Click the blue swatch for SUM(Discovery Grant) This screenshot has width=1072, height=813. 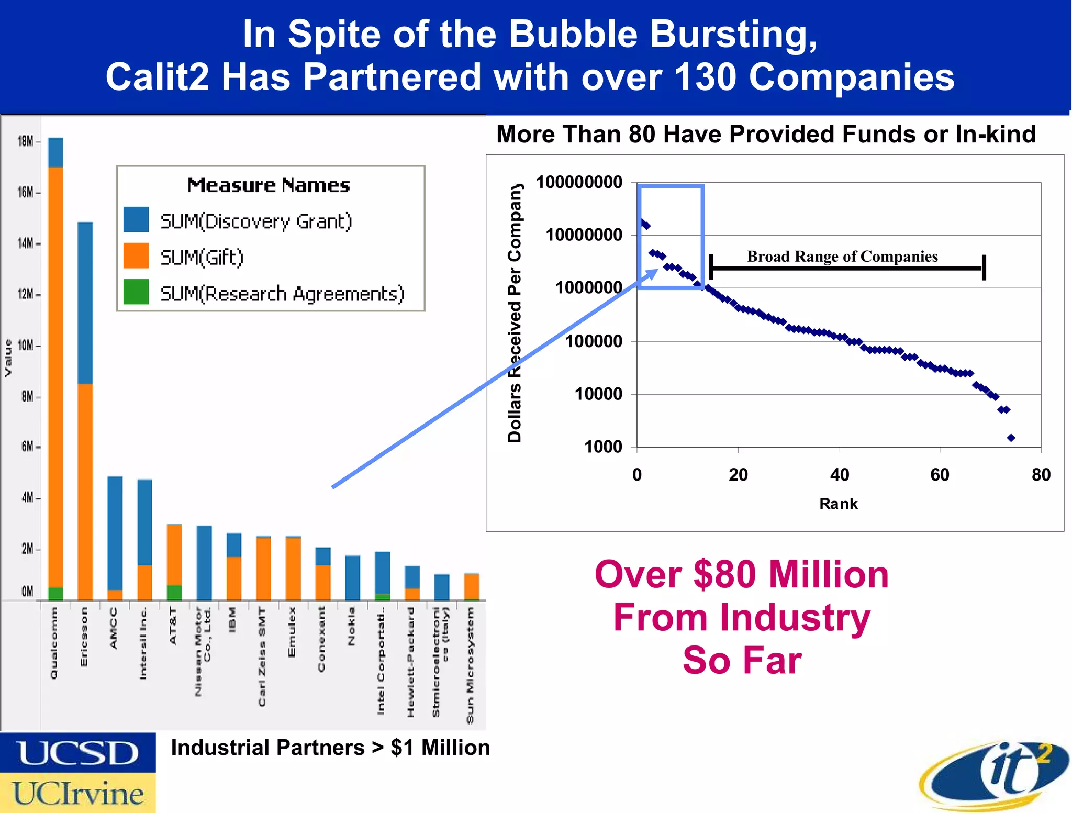coord(136,220)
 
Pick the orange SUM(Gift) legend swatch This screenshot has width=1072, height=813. coord(136,256)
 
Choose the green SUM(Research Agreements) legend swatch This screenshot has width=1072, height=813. coord(136,292)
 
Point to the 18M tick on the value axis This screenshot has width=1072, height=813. coord(26,141)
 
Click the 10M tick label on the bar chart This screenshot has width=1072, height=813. coord(26,346)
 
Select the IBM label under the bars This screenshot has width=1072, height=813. coord(233,619)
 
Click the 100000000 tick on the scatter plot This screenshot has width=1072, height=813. coord(579,183)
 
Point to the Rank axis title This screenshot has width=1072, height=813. coord(838,504)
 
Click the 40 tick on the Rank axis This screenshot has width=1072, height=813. coord(840,475)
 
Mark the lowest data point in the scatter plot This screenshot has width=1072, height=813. coord(1011,438)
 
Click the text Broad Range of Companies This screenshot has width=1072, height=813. coord(842,257)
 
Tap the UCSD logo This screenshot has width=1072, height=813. coord(77,753)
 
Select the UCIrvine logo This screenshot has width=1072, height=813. coord(77,793)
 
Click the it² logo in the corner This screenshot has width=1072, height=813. coord(995,774)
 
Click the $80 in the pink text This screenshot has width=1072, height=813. coord(725,575)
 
